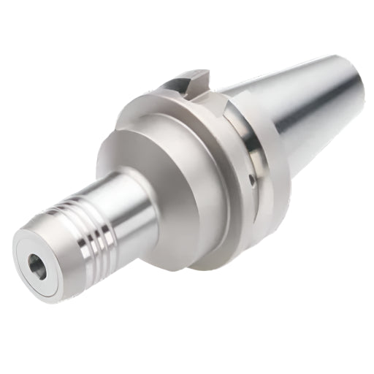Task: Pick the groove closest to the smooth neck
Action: [x=107, y=212]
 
